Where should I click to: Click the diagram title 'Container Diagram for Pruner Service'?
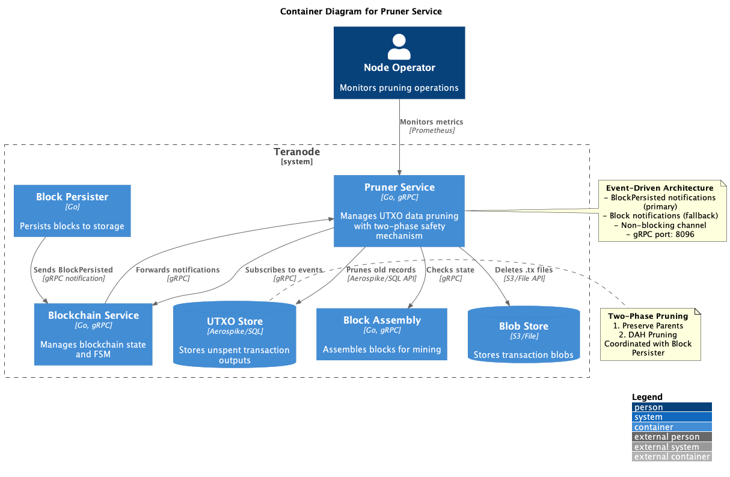coord(361,11)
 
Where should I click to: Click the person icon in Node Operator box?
coord(399,46)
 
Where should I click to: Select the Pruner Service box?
coord(399,211)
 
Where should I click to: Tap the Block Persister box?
coord(72,211)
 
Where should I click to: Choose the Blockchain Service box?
coord(93,334)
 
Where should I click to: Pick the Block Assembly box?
coord(382,334)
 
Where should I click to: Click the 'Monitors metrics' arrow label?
coord(432,122)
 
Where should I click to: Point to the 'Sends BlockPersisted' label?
coord(73,270)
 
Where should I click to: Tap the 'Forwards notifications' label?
coord(178,270)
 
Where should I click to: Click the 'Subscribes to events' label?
coord(284,270)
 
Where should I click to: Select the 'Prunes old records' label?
coord(381,270)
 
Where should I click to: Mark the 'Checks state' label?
coord(450,270)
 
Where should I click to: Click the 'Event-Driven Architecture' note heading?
coord(659,188)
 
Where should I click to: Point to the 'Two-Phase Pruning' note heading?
coord(648,316)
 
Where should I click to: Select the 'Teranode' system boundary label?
coord(297,152)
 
